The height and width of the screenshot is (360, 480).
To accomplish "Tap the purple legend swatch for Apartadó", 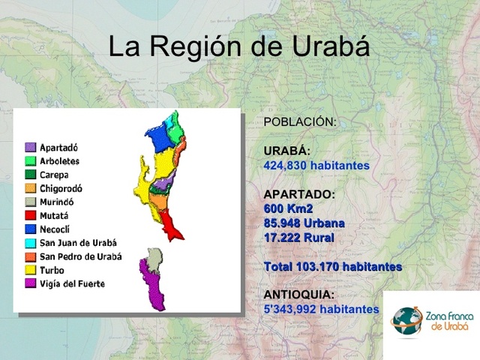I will point(30,147).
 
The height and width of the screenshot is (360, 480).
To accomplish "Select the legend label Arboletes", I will point(60,160).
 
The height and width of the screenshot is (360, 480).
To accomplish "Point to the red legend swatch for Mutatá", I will point(30,216).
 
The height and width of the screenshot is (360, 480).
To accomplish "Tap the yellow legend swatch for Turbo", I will point(30,270).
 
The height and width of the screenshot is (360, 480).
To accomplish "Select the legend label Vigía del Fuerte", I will point(72,283).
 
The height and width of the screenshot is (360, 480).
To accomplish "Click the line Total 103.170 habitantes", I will point(333,266).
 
